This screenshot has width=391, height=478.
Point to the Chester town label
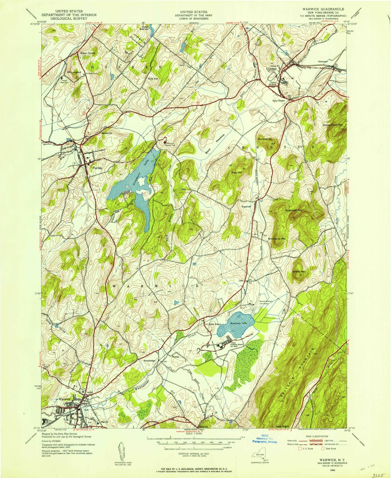click(x=271, y=69)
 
